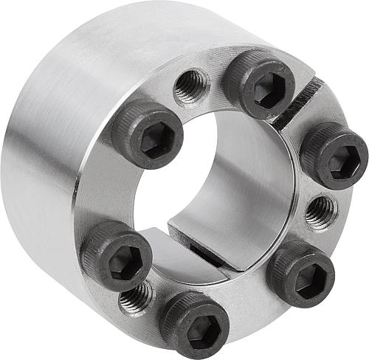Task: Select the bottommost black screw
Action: tap(195, 325)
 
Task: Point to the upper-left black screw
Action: tap(148, 133)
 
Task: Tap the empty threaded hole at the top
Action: tap(191, 86)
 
